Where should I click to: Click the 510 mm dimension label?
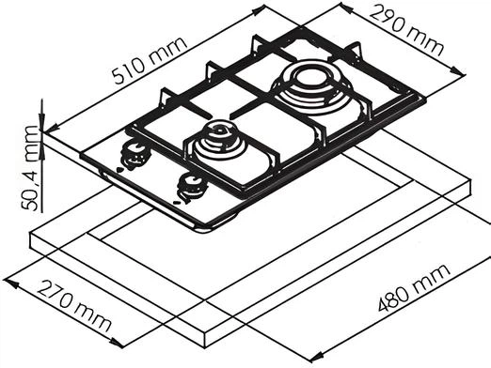150,60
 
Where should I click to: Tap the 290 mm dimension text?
406,29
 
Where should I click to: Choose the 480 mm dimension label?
414,288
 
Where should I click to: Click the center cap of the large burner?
310,77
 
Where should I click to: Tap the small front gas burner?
218,140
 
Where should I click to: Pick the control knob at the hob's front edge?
192,189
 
